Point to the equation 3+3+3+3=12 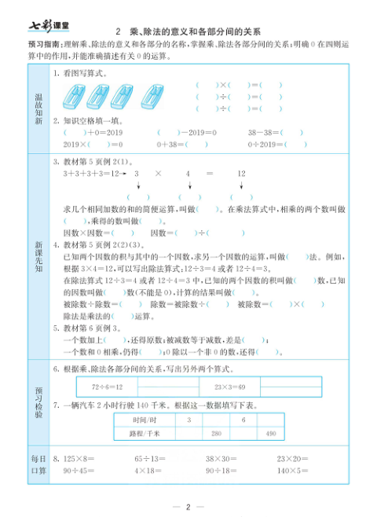pyautogui.click(x=90, y=173)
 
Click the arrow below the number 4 pyautogui.click(x=188, y=185)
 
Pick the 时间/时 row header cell pyautogui.click(x=147, y=420)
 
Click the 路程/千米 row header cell pyautogui.click(x=147, y=434)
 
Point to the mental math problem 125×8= pyautogui.click(x=79, y=458)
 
